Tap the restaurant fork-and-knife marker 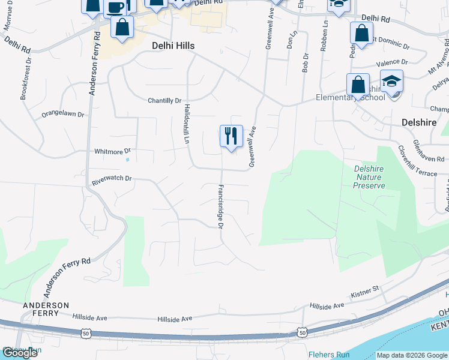click(x=231, y=136)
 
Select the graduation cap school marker click(x=391, y=81)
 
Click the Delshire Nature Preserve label click(x=370, y=177)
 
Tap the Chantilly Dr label click(x=164, y=101)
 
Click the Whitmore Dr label click(x=112, y=152)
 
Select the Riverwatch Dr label click(x=111, y=179)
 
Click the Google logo click(x=20, y=353)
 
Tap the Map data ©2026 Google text click(x=412, y=355)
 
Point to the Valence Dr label click(x=392, y=62)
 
